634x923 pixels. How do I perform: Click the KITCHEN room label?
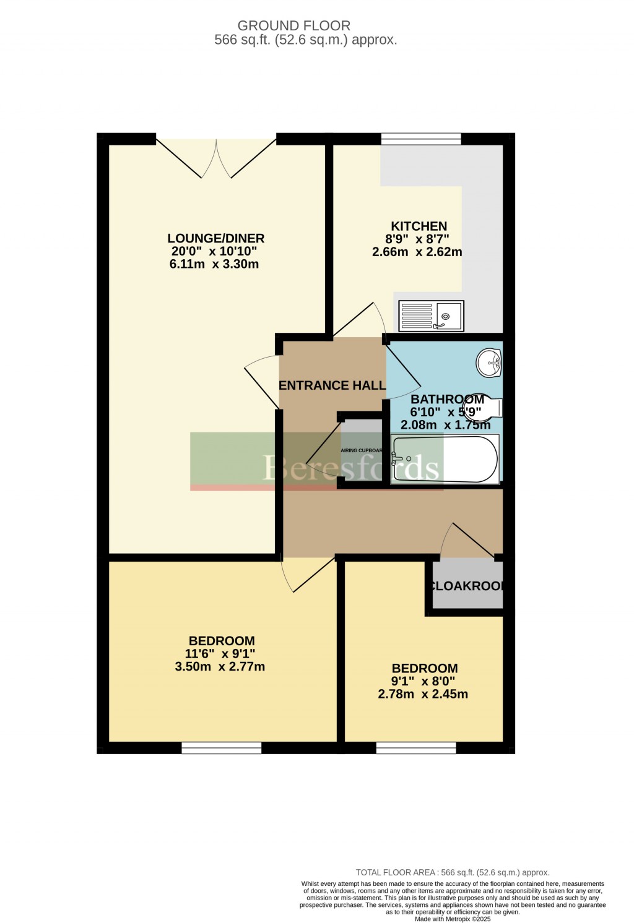419,226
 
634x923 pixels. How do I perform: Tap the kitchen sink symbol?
431,316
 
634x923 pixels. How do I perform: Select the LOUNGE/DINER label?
216,238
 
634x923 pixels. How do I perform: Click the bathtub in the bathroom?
445,460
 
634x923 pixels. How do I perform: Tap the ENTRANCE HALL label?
332,385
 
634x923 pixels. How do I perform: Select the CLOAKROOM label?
467,586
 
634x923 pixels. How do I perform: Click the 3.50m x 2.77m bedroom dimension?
220,667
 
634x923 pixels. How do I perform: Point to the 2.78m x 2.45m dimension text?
423,694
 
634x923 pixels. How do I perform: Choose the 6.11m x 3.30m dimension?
214,265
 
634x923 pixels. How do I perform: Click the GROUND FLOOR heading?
294,26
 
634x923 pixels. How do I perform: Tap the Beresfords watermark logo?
351,468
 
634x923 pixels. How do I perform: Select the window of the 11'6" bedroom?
221,748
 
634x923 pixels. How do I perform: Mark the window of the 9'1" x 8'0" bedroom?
416,748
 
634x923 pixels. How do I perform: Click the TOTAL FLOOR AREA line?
453,872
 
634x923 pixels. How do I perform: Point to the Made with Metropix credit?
453,919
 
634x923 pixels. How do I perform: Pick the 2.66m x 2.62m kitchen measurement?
417,252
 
